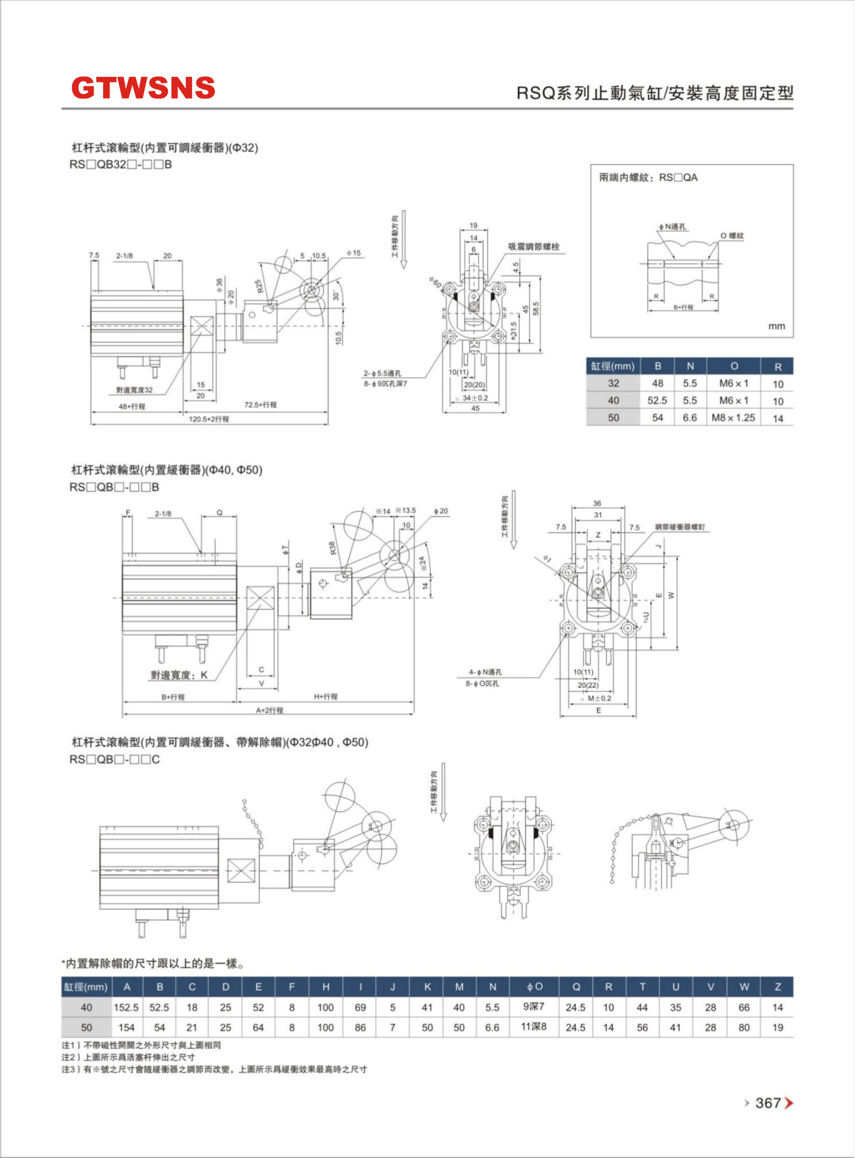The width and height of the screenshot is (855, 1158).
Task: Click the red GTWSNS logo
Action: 143,87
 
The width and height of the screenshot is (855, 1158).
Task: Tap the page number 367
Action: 768,1103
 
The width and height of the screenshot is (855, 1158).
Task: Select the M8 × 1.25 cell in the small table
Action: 733,417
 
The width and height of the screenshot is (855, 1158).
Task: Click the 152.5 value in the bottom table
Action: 126,1007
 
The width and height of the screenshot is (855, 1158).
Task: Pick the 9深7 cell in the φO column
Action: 534,1006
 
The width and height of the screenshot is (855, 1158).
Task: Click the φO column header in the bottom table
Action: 535,987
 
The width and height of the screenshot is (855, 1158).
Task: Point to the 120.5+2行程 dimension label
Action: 209,419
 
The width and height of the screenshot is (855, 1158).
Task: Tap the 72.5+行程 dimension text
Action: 260,404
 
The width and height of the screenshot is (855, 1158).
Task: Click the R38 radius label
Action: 332,548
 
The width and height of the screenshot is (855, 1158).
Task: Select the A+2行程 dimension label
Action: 270,710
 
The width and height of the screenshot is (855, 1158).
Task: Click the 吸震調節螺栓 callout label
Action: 534,247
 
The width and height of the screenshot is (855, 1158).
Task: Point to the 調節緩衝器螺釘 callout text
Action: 679,527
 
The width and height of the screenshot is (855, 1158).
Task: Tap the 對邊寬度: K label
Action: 179,675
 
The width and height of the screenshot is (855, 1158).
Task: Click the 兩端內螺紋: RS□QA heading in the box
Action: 648,178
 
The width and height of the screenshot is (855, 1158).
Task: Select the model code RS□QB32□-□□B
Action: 120,165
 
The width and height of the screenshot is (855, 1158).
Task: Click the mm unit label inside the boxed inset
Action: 776,326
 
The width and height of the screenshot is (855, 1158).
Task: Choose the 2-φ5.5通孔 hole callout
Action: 382,373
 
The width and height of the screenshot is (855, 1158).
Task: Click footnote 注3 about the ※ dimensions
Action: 214,1069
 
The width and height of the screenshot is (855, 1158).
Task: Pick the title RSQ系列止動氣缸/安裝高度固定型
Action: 655,93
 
